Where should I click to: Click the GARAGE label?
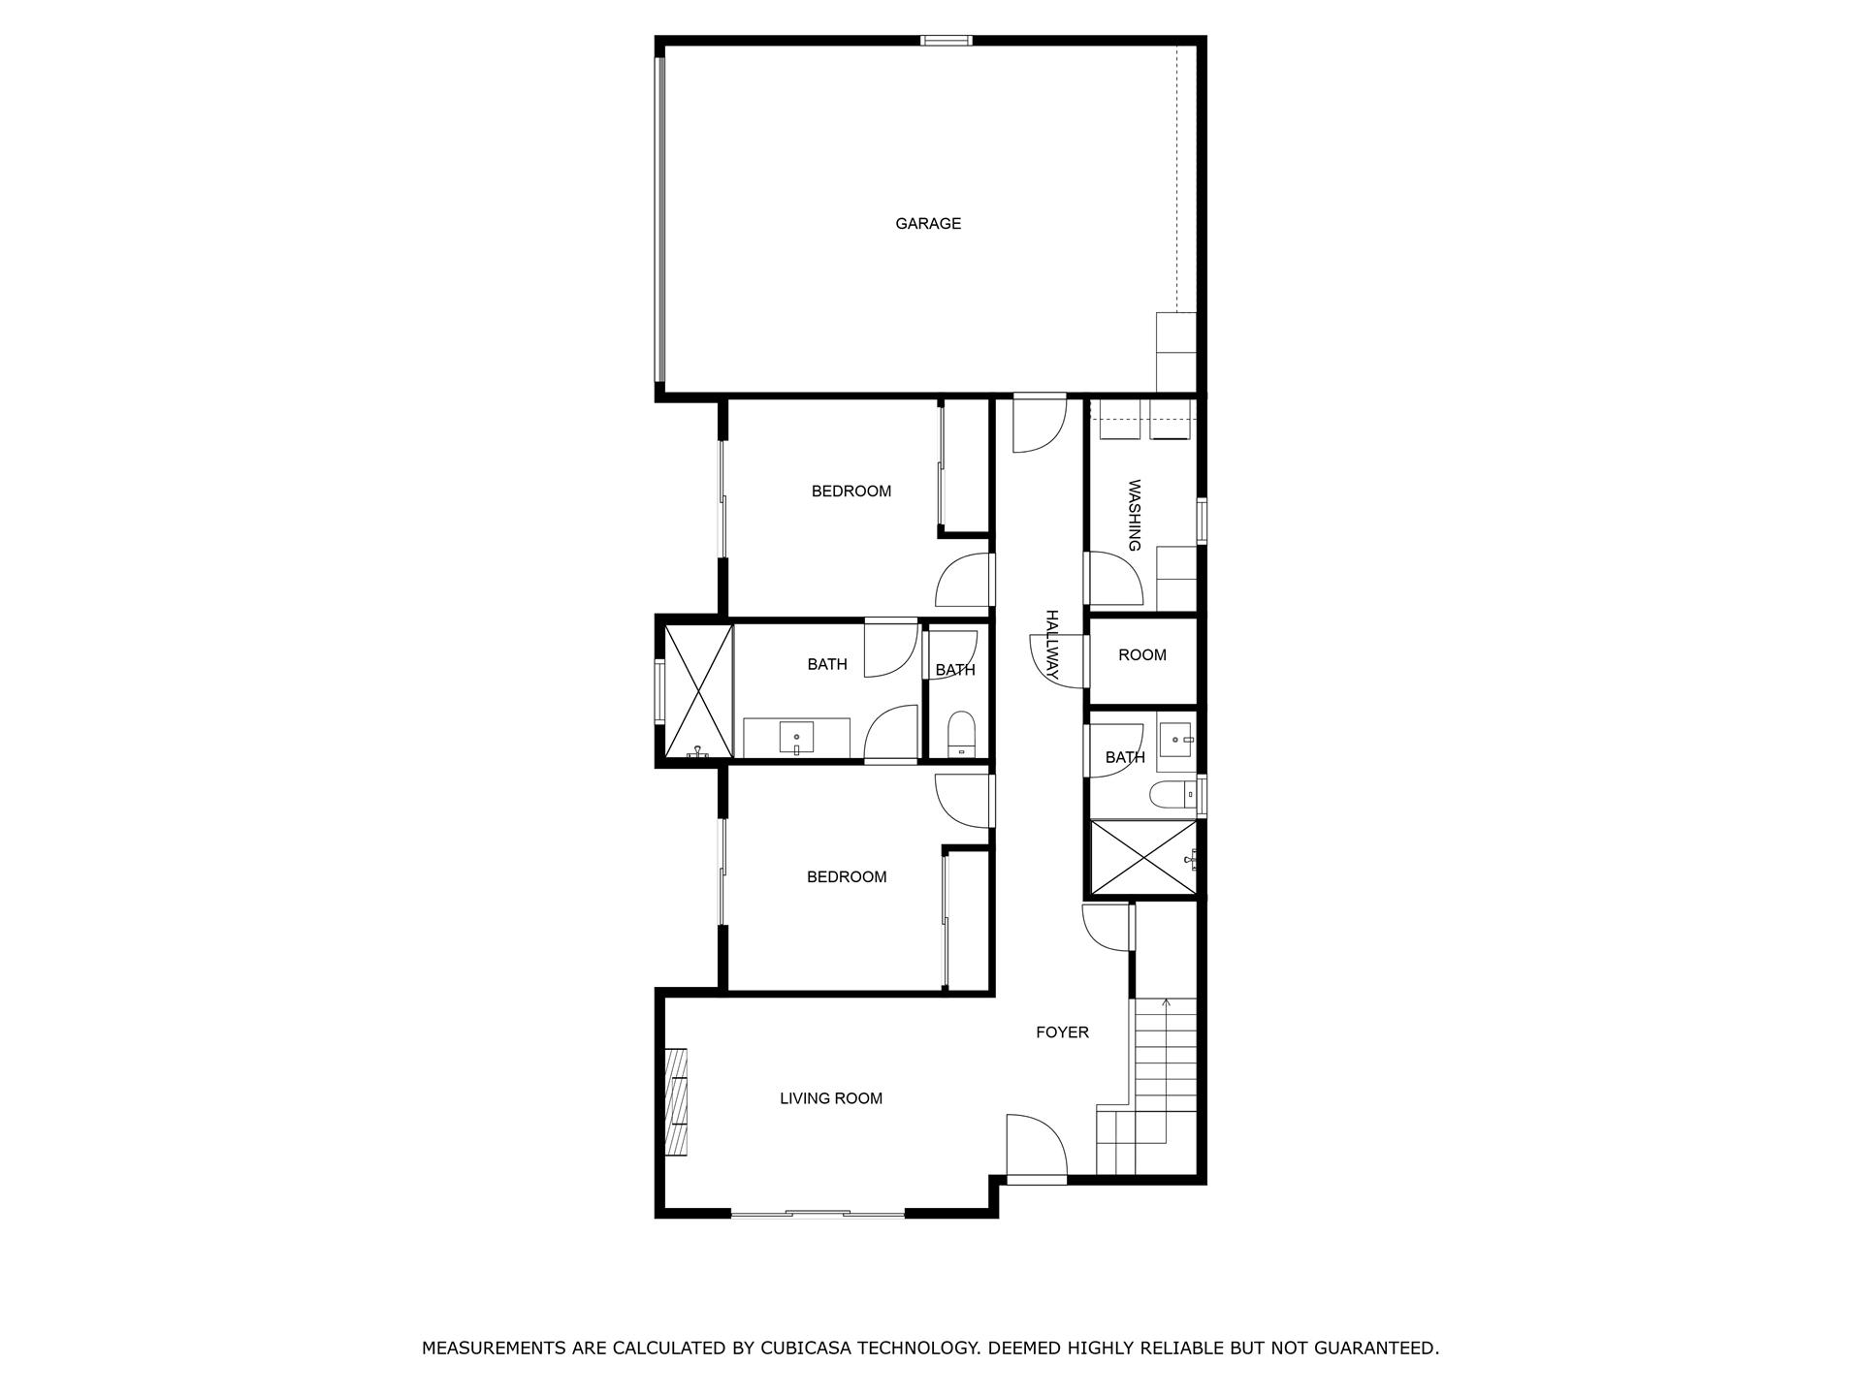pyautogui.click(x=928, y=224)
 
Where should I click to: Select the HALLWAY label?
pyautogui.click(x=1051, y=645)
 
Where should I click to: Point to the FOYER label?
pyautogui.click(x=1062, y=1032)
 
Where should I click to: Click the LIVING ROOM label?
pyautogui.click(x=831, y=1098)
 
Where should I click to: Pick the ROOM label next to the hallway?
pyautogui.click(x=1142, y=655)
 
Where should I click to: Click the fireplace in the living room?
pyautogui.click(x=676, y=1101)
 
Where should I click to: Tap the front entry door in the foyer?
pyautogui.click(x=1036, y=1149)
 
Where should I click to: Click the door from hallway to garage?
pyautogui.click(x=1039, y=424)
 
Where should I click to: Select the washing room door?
pyautogui.click(x=1112, y=580)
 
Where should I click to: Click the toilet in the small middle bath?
pyautogui.click(x=961, y=735)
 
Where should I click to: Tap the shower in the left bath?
pyautogui.click(x=698, y=690)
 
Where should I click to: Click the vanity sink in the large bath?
pyautogui.click(x=796, y=739)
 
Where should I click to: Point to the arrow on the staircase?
pyautogui.click(x=1166, y=1004)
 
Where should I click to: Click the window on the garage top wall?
pyautogui.click(x=946, y=41)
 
